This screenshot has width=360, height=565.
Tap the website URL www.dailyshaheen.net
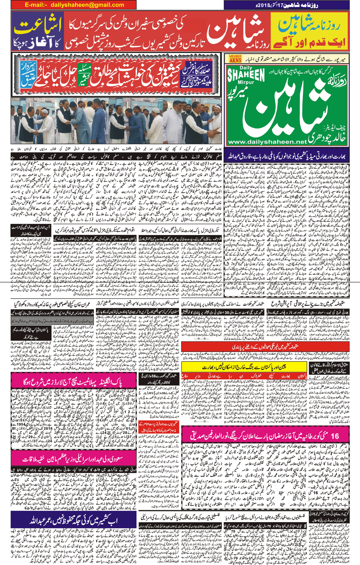click(x=267, y=142)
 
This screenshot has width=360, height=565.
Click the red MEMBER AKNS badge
click(x=235, y=59)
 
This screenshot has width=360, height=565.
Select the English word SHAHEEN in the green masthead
click(x=246, y=75)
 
